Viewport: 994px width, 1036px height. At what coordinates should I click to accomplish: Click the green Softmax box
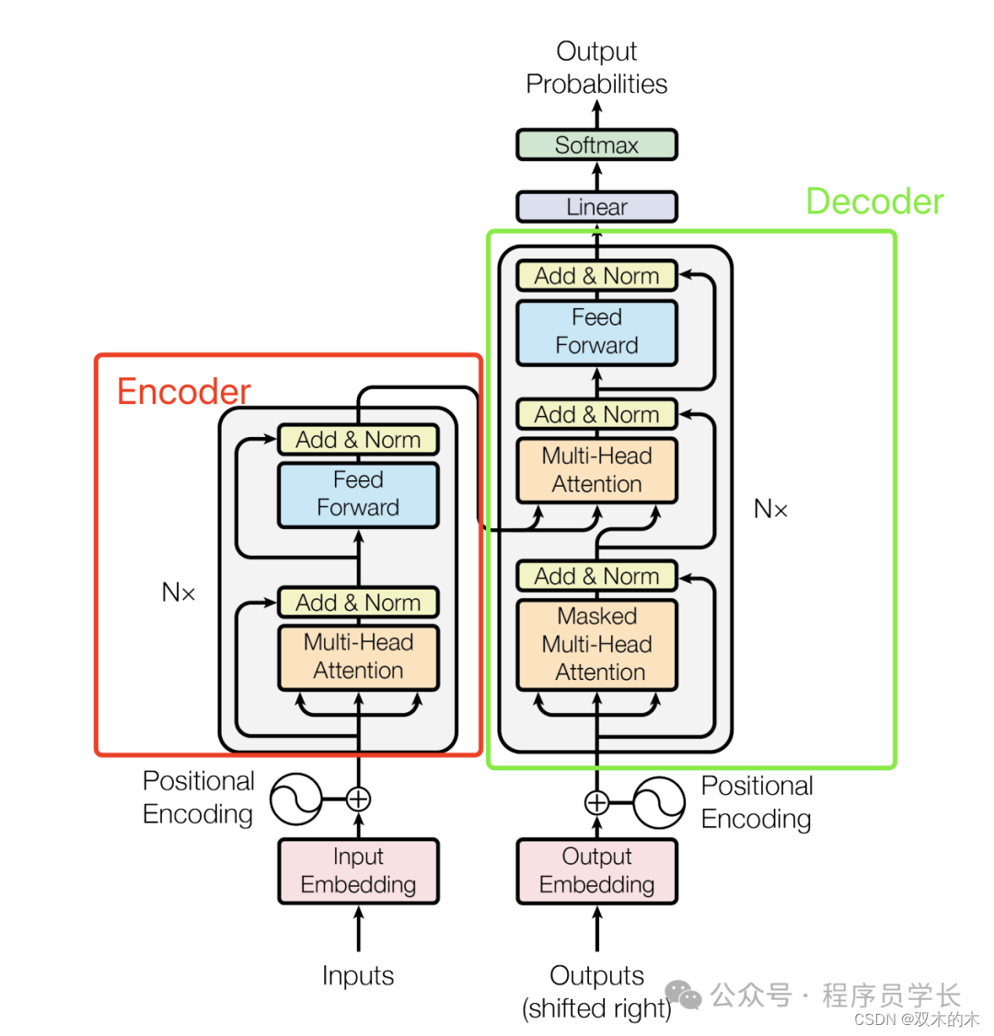click(596, 145)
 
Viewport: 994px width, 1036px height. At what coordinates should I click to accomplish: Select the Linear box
click(596, 207)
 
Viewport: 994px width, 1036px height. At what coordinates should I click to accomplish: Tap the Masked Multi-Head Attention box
click(596, 644)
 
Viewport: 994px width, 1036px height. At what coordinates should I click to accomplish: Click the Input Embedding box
click(358, 870)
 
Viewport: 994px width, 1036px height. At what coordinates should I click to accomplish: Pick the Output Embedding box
click(596, 870)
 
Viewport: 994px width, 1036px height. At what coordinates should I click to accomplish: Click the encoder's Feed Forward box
click(358, 494)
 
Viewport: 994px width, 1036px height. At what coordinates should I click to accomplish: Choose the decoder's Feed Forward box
click(596, 331)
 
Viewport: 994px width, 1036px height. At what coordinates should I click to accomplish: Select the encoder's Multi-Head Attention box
click(358, 657)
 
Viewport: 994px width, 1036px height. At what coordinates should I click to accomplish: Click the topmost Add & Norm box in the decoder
click(596, 276)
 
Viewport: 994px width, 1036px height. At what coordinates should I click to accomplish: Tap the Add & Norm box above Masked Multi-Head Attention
click(596, 577)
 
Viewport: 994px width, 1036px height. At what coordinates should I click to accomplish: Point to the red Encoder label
click(183, 392)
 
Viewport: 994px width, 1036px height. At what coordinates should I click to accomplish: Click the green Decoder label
click(874, 201)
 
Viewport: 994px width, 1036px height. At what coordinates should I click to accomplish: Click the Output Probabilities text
click(596, 67)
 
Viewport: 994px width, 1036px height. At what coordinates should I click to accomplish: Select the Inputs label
click(358, 975)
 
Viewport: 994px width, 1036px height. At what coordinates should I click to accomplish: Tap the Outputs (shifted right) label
click(596, 992)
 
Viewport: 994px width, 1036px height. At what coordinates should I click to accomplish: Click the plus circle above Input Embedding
click(358, 799)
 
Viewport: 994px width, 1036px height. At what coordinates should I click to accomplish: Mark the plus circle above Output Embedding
click(596, 802)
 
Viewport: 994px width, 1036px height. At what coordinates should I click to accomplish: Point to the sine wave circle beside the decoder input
click(659, 802)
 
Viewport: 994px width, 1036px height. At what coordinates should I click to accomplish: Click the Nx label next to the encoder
click(179, 593)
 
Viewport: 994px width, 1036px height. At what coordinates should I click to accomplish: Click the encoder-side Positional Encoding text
click(198, 798)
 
